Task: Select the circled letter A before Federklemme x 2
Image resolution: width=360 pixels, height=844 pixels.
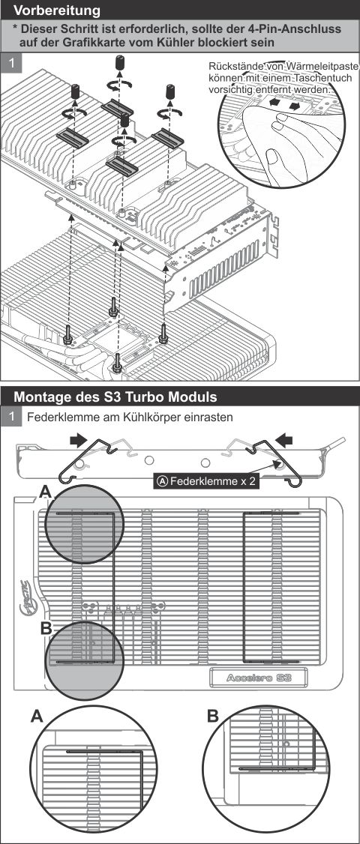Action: (162, 482)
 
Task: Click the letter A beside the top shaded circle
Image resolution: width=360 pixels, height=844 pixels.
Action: (46, 492)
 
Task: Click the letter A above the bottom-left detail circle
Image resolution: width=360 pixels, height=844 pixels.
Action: (37, 717)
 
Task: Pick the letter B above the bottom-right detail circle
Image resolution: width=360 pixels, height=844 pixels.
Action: (212, 717)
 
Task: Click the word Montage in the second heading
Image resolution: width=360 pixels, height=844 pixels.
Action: (42, 396)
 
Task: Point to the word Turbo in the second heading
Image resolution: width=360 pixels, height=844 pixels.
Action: (147, 396)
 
